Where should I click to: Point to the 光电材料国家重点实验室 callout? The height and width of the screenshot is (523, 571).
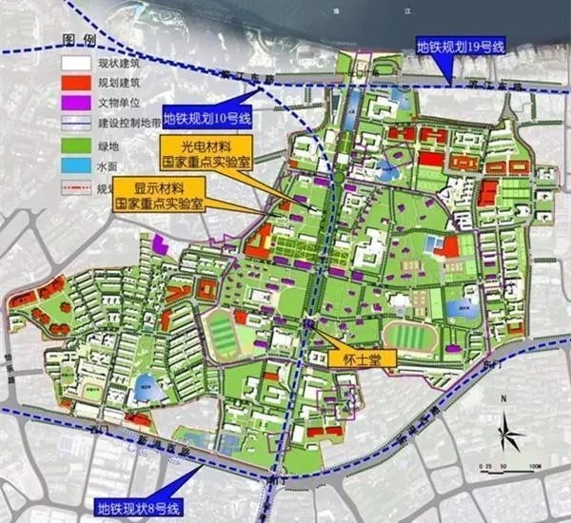point(206,155)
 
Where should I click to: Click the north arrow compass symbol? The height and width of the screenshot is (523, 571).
point(511,437)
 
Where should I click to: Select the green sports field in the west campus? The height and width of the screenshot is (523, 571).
point(223,331)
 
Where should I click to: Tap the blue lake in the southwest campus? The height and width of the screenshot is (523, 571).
point(145,384)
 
